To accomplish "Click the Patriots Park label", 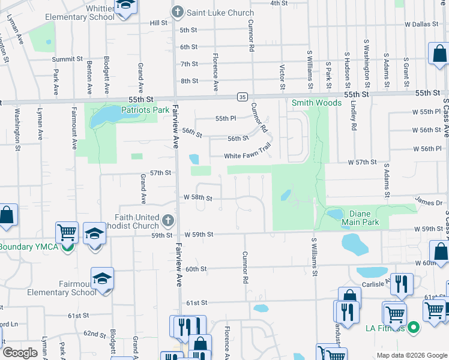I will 145,110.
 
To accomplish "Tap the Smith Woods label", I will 312,103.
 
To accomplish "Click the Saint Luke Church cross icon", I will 177,12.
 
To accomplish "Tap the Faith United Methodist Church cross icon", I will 168,221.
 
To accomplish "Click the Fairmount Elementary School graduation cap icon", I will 103,278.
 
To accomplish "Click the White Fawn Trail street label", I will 248,156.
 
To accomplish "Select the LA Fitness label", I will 386,328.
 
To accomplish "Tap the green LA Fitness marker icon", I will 413,328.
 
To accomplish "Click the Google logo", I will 20,353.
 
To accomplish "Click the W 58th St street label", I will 198,197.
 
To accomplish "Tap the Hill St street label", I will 158,22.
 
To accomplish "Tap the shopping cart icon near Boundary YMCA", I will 67,231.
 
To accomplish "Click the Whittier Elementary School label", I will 80,11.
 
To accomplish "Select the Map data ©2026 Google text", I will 411,355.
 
